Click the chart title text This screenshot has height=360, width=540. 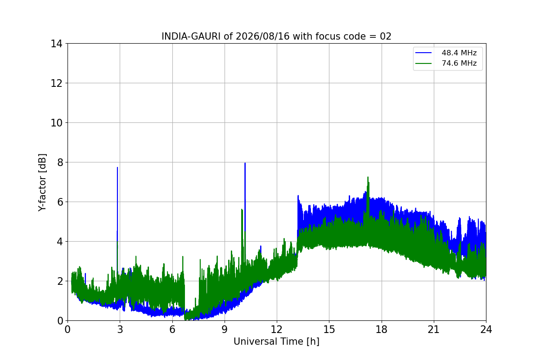click(276, 36)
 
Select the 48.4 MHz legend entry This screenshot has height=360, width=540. click(446, 53)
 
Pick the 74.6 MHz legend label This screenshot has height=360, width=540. click(459, 63)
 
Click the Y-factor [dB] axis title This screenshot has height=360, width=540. click(42, 183)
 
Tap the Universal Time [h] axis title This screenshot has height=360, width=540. click(276, 342)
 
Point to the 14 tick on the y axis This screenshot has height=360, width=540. click(56, 44)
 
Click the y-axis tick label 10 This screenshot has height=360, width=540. click(56, 123)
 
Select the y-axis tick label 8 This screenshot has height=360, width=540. click(60, 162)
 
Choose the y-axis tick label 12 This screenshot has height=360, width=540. click(56, 83)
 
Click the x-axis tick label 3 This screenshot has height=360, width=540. click(120, 329)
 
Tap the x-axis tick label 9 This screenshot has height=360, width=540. click(225, 329)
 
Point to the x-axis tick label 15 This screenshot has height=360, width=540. click(329, 329)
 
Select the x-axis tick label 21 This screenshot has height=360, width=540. click(434, 329)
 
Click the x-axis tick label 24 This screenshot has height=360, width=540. click(486, 329)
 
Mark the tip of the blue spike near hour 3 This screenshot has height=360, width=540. click(117, 167)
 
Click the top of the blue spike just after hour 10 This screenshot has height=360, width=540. click(245, 163)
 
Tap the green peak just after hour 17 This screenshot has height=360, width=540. click(368, 177)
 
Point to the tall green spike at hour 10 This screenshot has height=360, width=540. click(242, 209)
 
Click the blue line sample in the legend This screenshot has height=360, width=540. click(423, 53)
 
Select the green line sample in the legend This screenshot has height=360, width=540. click(423, 63)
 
